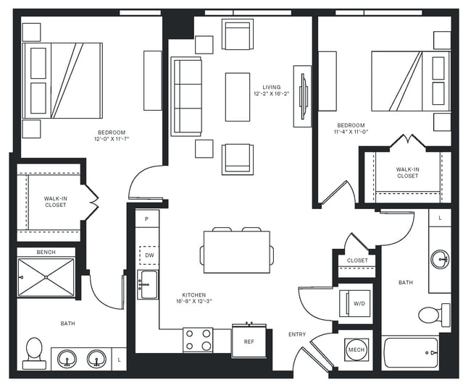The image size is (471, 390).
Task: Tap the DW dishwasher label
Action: coord(149,255)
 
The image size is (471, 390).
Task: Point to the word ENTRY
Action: coord(297,334)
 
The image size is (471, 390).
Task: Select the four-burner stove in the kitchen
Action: coord(197,340)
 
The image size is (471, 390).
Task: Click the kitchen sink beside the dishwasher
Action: coord(149,284)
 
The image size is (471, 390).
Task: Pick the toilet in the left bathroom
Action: coord(34,350)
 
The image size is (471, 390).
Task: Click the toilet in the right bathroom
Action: coord(433,314)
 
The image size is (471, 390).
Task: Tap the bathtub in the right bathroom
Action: coord(410,354)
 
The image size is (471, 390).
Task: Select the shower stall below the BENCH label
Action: coord(46,277)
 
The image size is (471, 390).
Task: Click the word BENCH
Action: coord(46,253)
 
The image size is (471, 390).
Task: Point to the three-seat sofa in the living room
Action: coord(186,96)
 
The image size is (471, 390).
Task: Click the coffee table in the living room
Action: coord(237,96)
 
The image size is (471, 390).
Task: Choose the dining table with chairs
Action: coord(237,251)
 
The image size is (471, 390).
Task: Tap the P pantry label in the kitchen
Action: coord(147,219)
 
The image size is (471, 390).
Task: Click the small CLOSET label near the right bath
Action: coord(357,260)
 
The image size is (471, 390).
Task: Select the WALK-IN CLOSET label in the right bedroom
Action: coord(407,172)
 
